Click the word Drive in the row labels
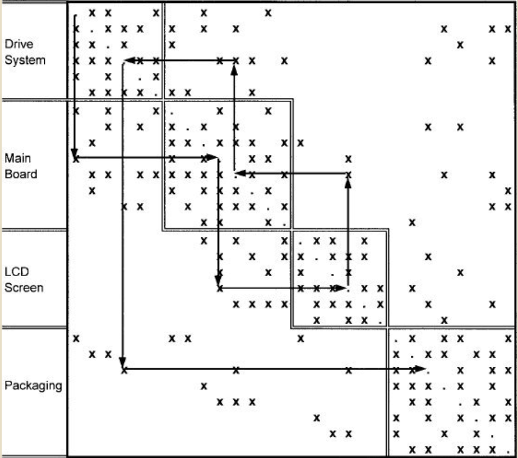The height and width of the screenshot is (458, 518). [18, 44]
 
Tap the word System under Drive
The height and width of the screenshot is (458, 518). [25, 59]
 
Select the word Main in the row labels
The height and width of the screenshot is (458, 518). [17, 158]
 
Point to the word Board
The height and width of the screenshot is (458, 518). [21, 174]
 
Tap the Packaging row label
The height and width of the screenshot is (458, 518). [33, 386]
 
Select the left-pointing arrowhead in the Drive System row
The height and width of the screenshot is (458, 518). [128, 60]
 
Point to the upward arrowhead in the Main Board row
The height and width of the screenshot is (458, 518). [348, 183]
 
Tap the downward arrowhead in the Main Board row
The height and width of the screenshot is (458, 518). [75, 152]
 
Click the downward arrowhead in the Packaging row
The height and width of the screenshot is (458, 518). [123, 363]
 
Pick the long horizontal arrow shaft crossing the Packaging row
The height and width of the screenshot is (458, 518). [269, 369]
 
